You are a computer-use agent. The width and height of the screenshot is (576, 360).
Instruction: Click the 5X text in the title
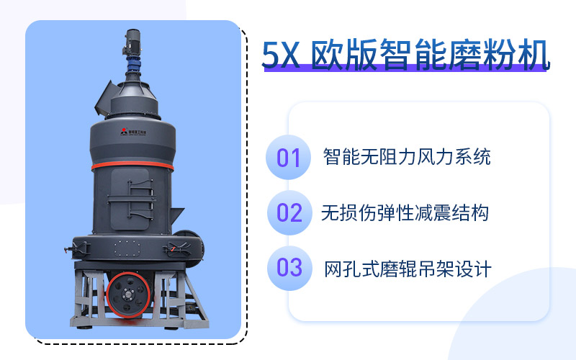[x=281, y=55]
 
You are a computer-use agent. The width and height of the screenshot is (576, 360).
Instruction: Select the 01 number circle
[x=289, y=157]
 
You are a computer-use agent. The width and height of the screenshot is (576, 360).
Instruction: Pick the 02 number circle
[x=289, y=212]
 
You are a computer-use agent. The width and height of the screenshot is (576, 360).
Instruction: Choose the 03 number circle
[x=289, y=268]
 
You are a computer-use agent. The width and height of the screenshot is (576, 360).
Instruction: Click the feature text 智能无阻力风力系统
[x=407, y=157]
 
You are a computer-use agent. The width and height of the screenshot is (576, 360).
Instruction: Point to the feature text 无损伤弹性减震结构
[x=405, y=213]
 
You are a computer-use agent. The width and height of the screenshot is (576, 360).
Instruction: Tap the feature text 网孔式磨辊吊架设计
[x=408, y=269]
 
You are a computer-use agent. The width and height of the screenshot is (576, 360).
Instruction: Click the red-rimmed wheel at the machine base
[x=128, y=294]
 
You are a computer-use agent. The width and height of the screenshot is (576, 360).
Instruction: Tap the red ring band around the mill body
[x=132, y=166]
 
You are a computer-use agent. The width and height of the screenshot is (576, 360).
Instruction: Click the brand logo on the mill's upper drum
[x=132, y=132]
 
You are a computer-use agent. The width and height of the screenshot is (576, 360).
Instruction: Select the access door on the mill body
[x=130, y=199]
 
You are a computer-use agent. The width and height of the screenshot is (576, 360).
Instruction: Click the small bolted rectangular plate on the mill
[x=127, y=248]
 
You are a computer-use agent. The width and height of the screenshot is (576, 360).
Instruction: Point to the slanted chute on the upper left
[x=105, y=98]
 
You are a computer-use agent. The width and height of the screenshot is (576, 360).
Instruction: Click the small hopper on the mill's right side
[x=176, y=215]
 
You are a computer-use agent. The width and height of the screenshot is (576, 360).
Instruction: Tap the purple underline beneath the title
[x=405, y=68]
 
